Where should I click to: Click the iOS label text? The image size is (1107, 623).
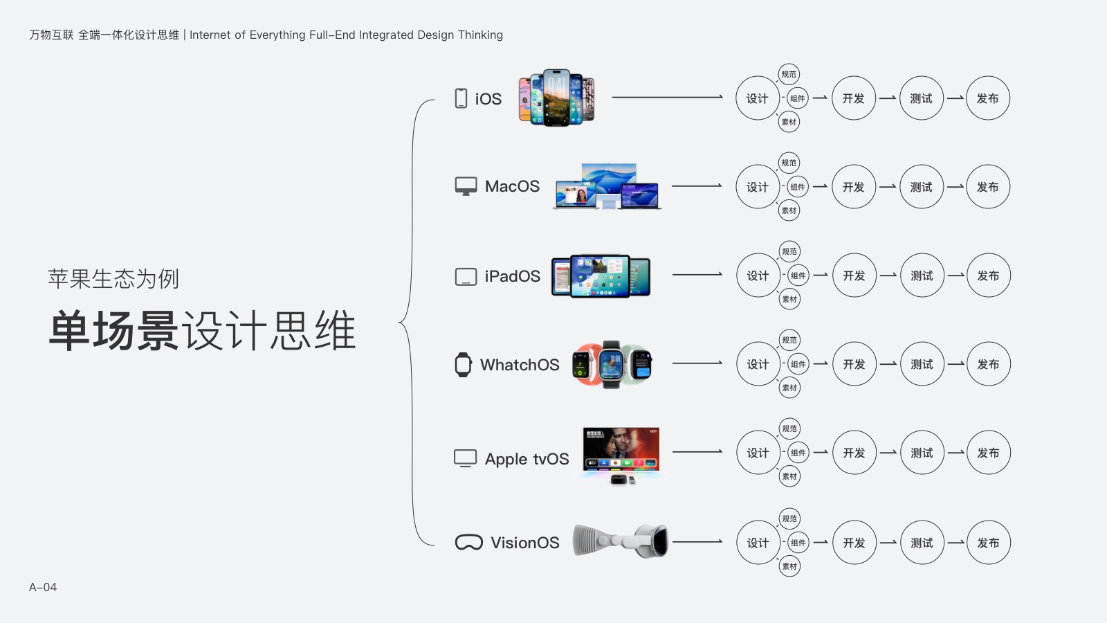(x=488, y=99)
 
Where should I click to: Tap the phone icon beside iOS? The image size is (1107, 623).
(x=461, y=98)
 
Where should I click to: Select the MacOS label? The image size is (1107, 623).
(x=512, y=186)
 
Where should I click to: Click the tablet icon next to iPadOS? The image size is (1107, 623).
(x=466, y=277)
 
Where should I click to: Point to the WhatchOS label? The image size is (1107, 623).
(x=520, y=365)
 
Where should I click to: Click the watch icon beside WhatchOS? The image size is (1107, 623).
(x=463, y=365)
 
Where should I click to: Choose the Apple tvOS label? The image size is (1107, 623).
(x=527, y=459)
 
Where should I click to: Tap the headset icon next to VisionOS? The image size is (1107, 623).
(x=468, y=543)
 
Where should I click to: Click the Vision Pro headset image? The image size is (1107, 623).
(x=621, y=541)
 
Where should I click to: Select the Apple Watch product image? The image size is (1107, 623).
(x=612, y=364)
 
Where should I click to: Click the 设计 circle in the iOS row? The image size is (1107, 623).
(x=757, y=98)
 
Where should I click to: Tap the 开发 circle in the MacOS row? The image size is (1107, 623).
(x=854, y=187)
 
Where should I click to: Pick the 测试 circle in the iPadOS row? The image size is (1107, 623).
(x=922, y=276)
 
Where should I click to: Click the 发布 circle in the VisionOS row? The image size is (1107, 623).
(x=988, y=543)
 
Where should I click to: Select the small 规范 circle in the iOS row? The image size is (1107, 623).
(x=789, y=74)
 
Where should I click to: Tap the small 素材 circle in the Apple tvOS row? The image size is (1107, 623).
(x=789, y=476)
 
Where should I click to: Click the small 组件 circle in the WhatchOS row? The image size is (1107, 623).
(x=798, y=364)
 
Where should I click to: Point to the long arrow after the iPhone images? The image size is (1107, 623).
(x=667, y=98)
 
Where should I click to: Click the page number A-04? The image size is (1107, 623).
(x=43, y=587)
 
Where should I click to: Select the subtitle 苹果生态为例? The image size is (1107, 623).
(x=113, y=279)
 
